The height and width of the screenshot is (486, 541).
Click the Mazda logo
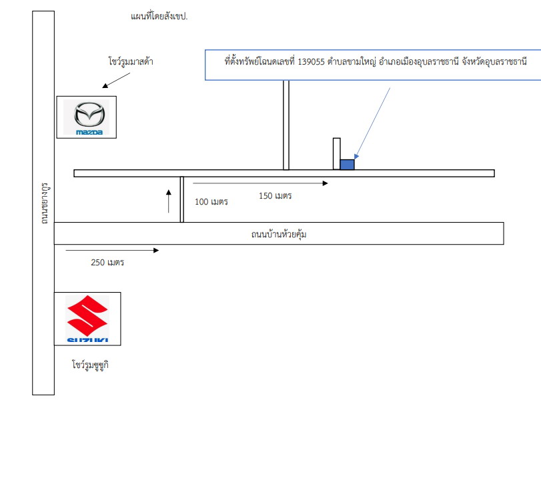pos(89,117)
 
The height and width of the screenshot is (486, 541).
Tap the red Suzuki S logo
pos(87,315)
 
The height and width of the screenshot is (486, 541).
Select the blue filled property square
pos(347,165)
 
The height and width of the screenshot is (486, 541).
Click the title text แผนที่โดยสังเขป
pos(159,16)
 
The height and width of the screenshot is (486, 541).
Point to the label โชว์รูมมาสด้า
pos(131,61)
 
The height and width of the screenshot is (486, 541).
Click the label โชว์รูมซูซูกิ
pos(91,365)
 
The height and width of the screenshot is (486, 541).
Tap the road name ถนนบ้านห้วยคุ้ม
pos(279,234)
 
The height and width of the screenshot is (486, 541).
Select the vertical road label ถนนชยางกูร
pos(45,203)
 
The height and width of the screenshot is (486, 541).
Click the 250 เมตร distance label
pos(107,263)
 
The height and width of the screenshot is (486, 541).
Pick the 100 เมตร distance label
pos(211,202)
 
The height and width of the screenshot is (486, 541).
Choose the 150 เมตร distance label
pos(276,196)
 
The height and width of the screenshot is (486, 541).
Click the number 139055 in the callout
pos(312,62)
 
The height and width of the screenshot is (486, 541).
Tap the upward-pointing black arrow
pos(168,201)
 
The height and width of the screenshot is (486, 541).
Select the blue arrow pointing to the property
pos(373,123)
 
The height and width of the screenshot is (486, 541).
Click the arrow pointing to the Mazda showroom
pos(116,81)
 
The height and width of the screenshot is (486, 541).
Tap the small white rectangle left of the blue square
pos(336,154)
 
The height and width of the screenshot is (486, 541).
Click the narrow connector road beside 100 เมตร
pos(182,199)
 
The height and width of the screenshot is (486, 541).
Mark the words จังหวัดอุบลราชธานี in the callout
pos(494,62)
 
